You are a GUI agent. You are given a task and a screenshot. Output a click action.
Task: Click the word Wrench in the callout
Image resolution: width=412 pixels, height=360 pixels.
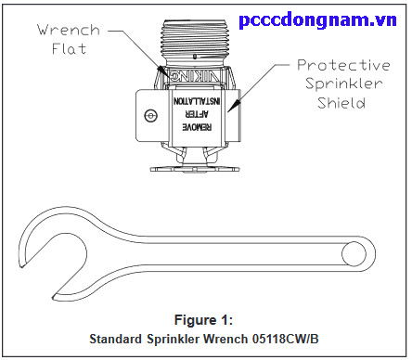[67, 29]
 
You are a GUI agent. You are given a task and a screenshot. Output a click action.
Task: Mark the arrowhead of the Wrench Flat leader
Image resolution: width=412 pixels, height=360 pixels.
[163, 70]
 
